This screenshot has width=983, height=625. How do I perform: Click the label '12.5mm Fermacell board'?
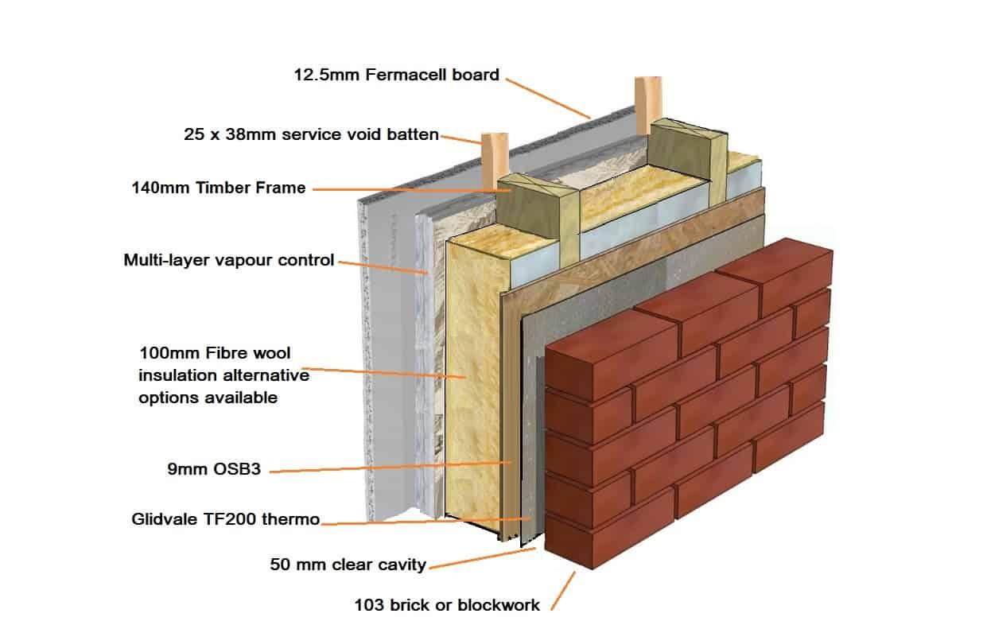[396, 76]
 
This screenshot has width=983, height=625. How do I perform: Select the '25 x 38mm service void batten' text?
[311, 135]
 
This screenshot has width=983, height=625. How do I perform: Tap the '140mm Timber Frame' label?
[218, 188]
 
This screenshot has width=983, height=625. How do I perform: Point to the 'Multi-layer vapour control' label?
[229, 260]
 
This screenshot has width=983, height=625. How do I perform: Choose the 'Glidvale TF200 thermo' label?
[225, 520]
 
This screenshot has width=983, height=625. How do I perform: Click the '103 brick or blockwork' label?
[447, 605]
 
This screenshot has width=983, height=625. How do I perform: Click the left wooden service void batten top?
[494, 151]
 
